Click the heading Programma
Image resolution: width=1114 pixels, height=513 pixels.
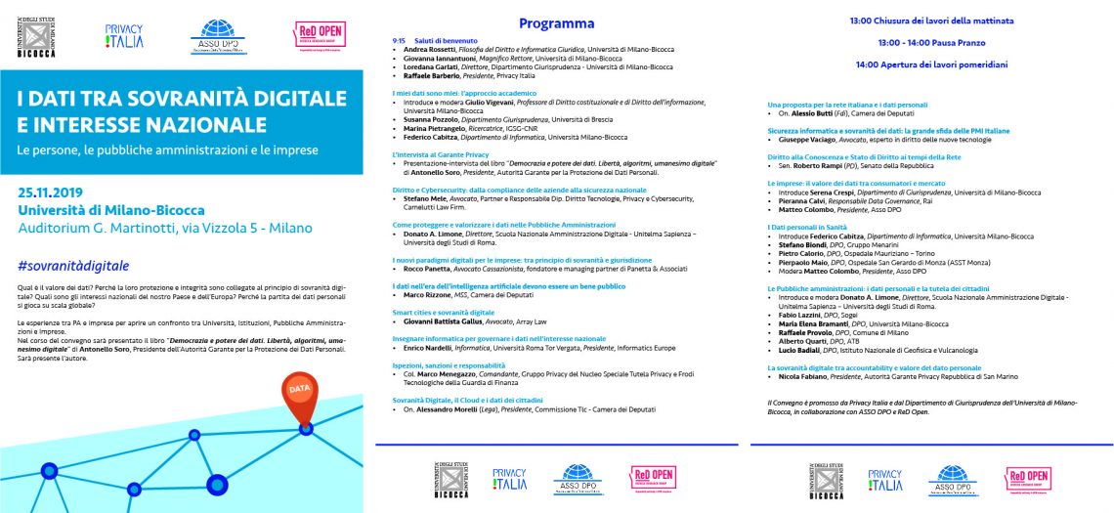click(556, 23)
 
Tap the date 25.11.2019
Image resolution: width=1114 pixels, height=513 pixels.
click(53, 192)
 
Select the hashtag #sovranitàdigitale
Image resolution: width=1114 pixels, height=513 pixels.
click(73, 266)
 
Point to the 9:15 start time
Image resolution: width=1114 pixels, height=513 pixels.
click(398, 41)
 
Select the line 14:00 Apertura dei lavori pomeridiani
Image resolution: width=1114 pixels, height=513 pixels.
click(930, 64)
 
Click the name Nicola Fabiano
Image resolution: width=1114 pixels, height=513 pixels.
click(804, 375)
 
